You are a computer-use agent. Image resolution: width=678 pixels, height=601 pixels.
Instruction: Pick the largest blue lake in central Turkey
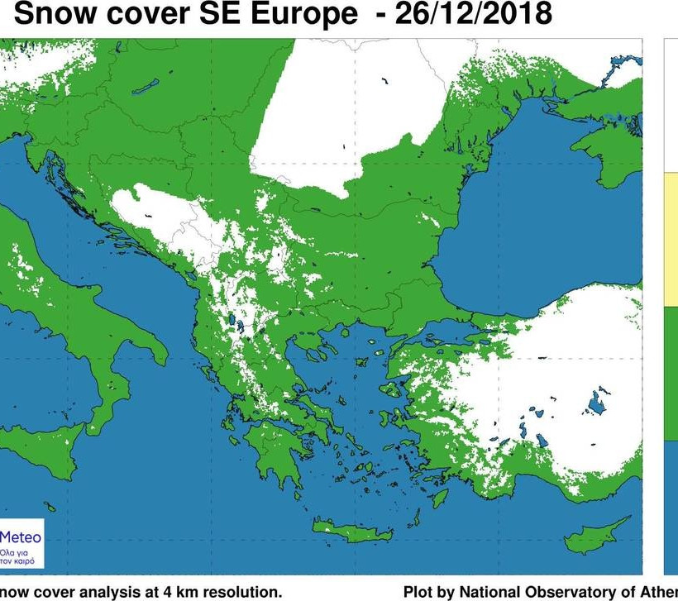pos(594,405)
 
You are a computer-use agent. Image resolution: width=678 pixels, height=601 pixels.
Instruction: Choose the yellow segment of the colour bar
pos(671,240)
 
